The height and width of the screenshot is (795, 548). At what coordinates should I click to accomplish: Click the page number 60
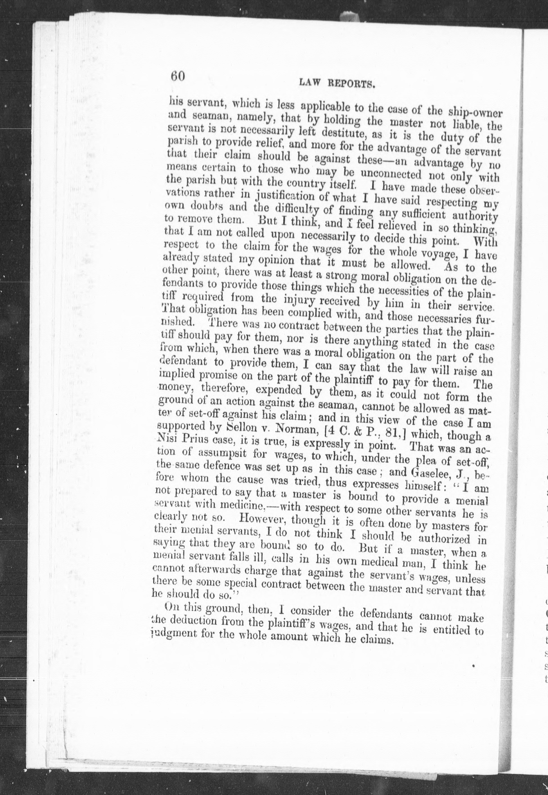tap(178, 76)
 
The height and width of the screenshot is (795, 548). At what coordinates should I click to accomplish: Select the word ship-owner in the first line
tap(475, 113)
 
